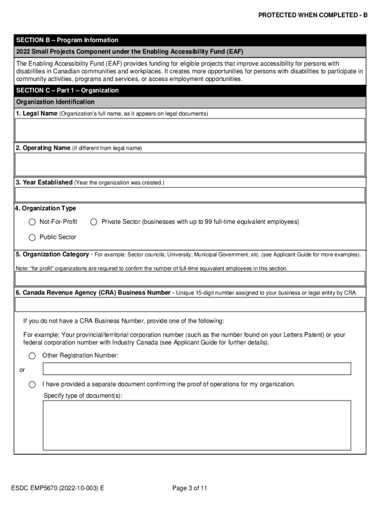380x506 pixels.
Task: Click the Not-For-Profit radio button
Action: (x=32, y=222)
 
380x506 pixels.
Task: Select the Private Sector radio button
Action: (x=94, y=222)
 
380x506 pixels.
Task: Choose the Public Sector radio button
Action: (x=32, y=237)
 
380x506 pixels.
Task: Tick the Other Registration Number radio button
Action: (x=32, y=356)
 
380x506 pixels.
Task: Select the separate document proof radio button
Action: (x=32, y=384)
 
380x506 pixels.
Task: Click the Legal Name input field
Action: (x=190, y=130)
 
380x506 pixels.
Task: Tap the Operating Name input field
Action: (x=190, y=164)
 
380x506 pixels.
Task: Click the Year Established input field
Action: (x=190, y=194)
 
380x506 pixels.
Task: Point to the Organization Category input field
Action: (x=190, y=278)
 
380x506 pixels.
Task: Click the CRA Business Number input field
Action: (x=190, y=304)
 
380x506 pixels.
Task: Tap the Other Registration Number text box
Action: (x=196, y=369)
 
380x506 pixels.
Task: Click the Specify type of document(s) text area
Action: (x=196, y=424)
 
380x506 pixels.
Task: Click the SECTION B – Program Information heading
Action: (x=67, y=40)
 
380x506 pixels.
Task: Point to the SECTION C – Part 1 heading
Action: (x=67, y=90)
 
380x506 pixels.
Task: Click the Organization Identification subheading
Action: (x=55, y=102)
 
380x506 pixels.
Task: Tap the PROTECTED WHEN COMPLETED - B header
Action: (x=313, y=15)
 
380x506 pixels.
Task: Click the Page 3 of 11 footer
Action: (x=190, y=488)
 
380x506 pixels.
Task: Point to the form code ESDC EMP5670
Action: (x=57, y=488)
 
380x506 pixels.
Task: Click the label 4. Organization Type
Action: (x=45, y=208)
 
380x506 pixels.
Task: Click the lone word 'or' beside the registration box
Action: (x=22, y=370)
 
